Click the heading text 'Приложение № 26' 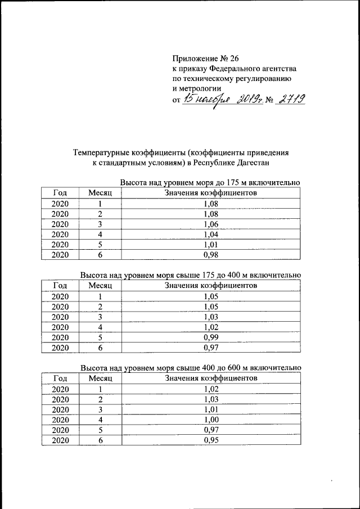click(x=204, y=58)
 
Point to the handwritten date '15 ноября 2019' click(x=219, y=100)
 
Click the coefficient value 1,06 click(x=211, y=224)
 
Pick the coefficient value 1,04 click(x=211, y=234)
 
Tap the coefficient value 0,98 click(x=211, y=254)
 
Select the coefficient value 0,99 click(x=211, y=337)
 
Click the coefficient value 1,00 click(x=211, y=420)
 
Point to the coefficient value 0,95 click(x=211, y=440)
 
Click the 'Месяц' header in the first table click(x=101, y=193)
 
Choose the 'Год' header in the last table click(x=61, y=378)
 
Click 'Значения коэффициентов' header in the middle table click(x=211, y=286)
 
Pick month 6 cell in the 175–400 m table click(x=101, y=347)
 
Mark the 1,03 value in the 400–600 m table click(x=211, y=399)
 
